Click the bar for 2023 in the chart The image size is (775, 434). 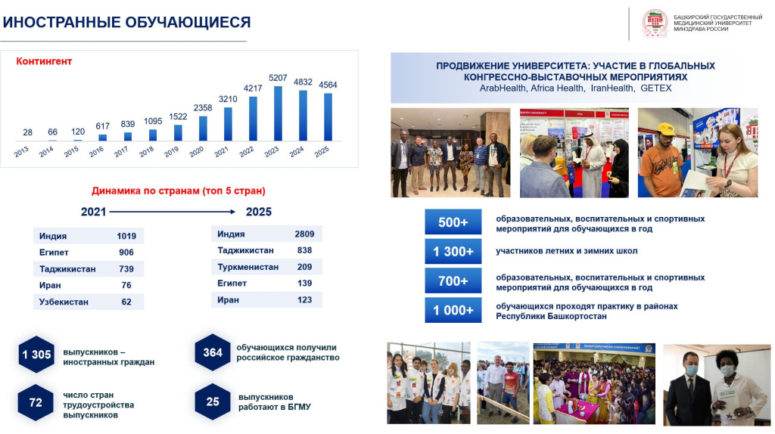[278, 113]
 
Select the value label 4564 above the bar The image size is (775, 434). [328, 85]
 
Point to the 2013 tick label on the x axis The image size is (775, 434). [22, 152]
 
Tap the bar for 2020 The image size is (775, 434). [203, 128]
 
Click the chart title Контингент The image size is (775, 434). [44, 61]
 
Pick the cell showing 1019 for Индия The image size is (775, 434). [126, 236]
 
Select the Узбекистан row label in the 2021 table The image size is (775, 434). [64, 302]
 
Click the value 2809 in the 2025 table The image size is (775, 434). [304, 234]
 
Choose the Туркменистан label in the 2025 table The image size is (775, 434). [247, 267]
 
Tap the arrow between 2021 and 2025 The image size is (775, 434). [175, 212]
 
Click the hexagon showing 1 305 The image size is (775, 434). [36, 355]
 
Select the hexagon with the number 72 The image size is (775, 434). [36, 402]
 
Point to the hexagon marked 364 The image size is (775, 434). [213, 352]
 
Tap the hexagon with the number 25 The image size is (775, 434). [213, 401]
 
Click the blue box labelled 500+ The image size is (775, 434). [453, 222]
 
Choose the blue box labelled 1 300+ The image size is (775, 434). [453, 251]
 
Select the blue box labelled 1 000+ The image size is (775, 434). [453, 310]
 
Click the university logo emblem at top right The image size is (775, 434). [655, 23]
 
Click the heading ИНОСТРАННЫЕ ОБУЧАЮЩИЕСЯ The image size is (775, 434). [126, 23]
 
